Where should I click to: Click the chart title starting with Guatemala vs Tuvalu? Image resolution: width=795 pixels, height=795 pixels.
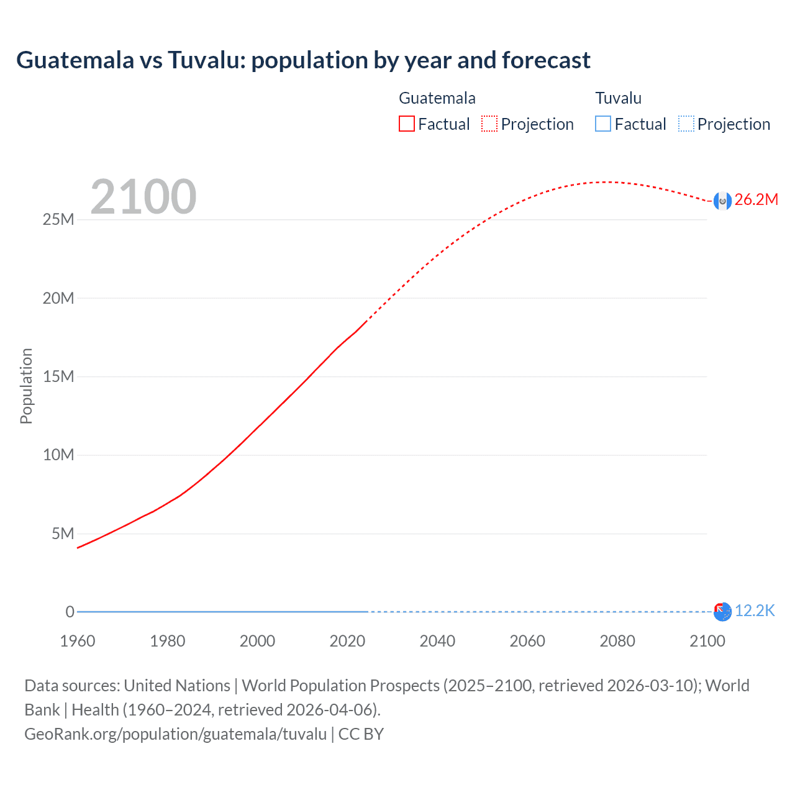pos(303,60)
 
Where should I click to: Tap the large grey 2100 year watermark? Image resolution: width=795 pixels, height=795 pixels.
pos(143,197)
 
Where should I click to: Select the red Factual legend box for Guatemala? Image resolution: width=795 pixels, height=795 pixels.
pos(406,124)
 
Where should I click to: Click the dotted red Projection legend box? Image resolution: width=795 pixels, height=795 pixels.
pos(489,124)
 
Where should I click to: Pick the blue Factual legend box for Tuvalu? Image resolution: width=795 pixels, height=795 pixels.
pos(602,124)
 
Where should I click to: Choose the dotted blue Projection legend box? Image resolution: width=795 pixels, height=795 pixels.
pos(686,124)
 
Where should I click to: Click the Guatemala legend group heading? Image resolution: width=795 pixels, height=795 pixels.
pos(437,98)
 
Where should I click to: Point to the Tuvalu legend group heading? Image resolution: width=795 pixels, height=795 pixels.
pos(618,98)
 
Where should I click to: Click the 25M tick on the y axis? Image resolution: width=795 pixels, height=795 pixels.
pos(58,220)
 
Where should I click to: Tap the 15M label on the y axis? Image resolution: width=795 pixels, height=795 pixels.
pos(58,377)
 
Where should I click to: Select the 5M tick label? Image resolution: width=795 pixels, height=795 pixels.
pos(63,534)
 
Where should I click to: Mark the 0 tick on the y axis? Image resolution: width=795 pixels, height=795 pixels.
pos(70,612)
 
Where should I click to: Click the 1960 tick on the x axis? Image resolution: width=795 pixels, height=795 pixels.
pos(78,641)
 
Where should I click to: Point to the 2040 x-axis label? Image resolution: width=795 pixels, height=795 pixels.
pos(437,641)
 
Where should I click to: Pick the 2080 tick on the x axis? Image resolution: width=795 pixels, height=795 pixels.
pos(617,641)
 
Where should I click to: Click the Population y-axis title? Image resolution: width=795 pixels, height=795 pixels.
pos(26,386)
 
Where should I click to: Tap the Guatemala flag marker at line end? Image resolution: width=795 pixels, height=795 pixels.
pos(722,201)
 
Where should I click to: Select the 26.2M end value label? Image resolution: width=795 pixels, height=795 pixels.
pos(756,199)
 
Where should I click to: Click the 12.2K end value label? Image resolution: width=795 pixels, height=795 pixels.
pos(755,611)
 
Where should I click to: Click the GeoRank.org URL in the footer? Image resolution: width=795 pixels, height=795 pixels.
pos(175,734)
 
